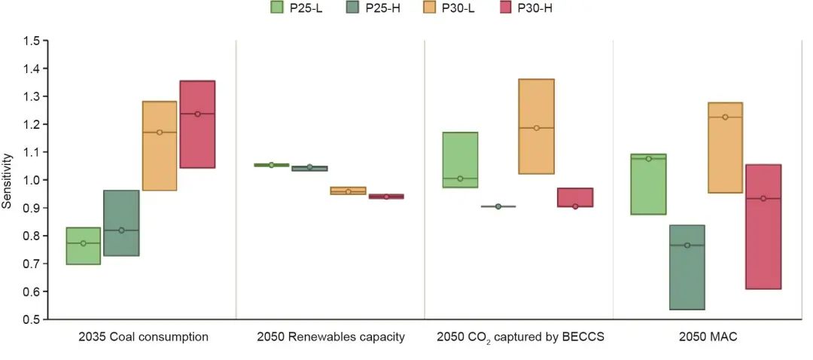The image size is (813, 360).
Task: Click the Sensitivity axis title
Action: click(8, 180)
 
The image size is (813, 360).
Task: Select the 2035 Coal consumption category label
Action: click(143, 337)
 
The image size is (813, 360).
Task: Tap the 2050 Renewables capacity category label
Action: click(331, 337)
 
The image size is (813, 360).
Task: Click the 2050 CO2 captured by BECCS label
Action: click(520, 337)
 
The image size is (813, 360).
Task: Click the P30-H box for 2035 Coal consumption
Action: click(197, 124)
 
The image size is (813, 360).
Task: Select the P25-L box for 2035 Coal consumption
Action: click(83, 246)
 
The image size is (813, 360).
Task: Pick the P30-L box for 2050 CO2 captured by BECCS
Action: click(536, 127)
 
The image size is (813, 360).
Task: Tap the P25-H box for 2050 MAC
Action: click(687, 267)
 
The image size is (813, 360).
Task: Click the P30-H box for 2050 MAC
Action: click(763, 227)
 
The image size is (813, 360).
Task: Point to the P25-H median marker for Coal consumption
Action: click(121, 230)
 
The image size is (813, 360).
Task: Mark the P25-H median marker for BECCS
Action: click(498, 206)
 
